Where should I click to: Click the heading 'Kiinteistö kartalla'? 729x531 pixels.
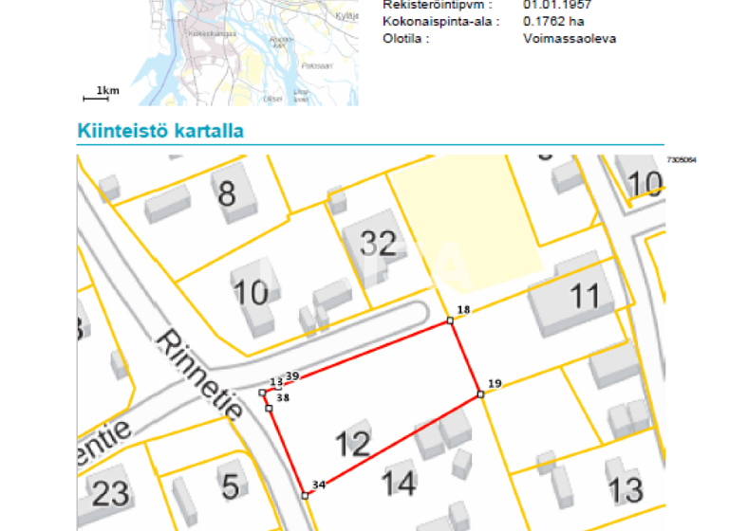click(x=159, y=131)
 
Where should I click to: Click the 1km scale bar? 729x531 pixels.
click(x=102, y=92)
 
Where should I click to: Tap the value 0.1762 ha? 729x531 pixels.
click(x=553, y=21)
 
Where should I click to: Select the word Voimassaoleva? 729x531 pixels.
click(x=570, y=38)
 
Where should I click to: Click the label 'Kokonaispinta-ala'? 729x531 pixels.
click(x=438, y=21)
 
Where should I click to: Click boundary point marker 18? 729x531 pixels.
click(x=451, y=320)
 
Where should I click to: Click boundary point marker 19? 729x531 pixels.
click(x=481, y=394)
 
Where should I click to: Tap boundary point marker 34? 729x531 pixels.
click(x=305, y=495)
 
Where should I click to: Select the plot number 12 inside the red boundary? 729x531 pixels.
click(x=352, y=444)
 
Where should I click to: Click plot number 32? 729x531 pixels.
click(x=378, y=244)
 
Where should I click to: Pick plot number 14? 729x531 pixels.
click(x=399, y=484)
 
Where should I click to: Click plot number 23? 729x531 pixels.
click(x=110, y=492)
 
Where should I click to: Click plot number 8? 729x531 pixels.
click(x=227, y=194)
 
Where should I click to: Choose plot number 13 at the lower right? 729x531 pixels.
click(x=625, y=490)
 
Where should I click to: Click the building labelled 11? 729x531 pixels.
click(x=585, y=296)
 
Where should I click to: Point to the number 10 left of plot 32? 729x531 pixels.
click(x=251, y=292)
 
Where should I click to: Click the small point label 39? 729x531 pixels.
click(x=292, y=376)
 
